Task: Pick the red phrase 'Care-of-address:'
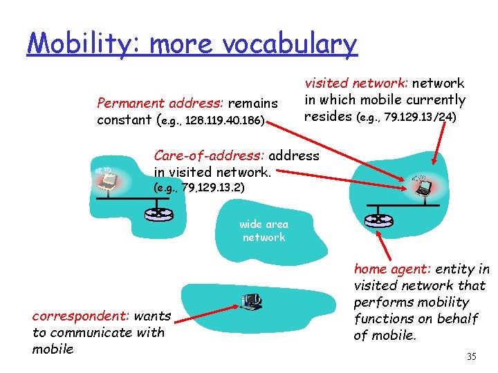click(x=209, y=155)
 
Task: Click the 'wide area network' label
click(x=264, y=231)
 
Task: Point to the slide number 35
click(x=472, y=357)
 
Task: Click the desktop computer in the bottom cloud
click(x=251, y=299)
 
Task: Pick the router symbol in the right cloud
click(x=378, y=220)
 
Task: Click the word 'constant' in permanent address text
click(x=124, y=120)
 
